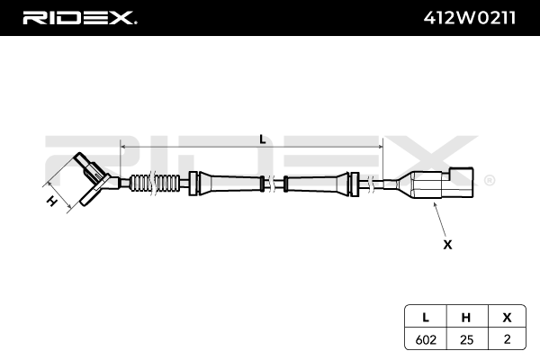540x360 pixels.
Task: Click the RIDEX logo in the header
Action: [80, 17]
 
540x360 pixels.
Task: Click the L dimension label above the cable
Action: [262, 139]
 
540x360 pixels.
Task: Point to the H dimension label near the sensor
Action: [52, 202]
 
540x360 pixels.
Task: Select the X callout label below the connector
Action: [447, 244]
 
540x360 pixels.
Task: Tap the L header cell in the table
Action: [422, 317]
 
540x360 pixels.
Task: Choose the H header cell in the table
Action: [465, 317]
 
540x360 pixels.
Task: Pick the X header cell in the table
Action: [507, 317]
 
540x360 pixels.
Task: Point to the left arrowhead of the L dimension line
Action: [123, 147]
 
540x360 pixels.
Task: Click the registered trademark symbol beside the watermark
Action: [489, 180]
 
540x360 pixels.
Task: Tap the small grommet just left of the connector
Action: [369, 184]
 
